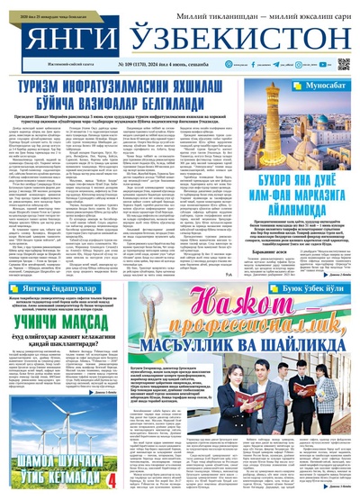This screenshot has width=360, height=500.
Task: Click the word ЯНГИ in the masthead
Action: (x=62, y=35)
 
